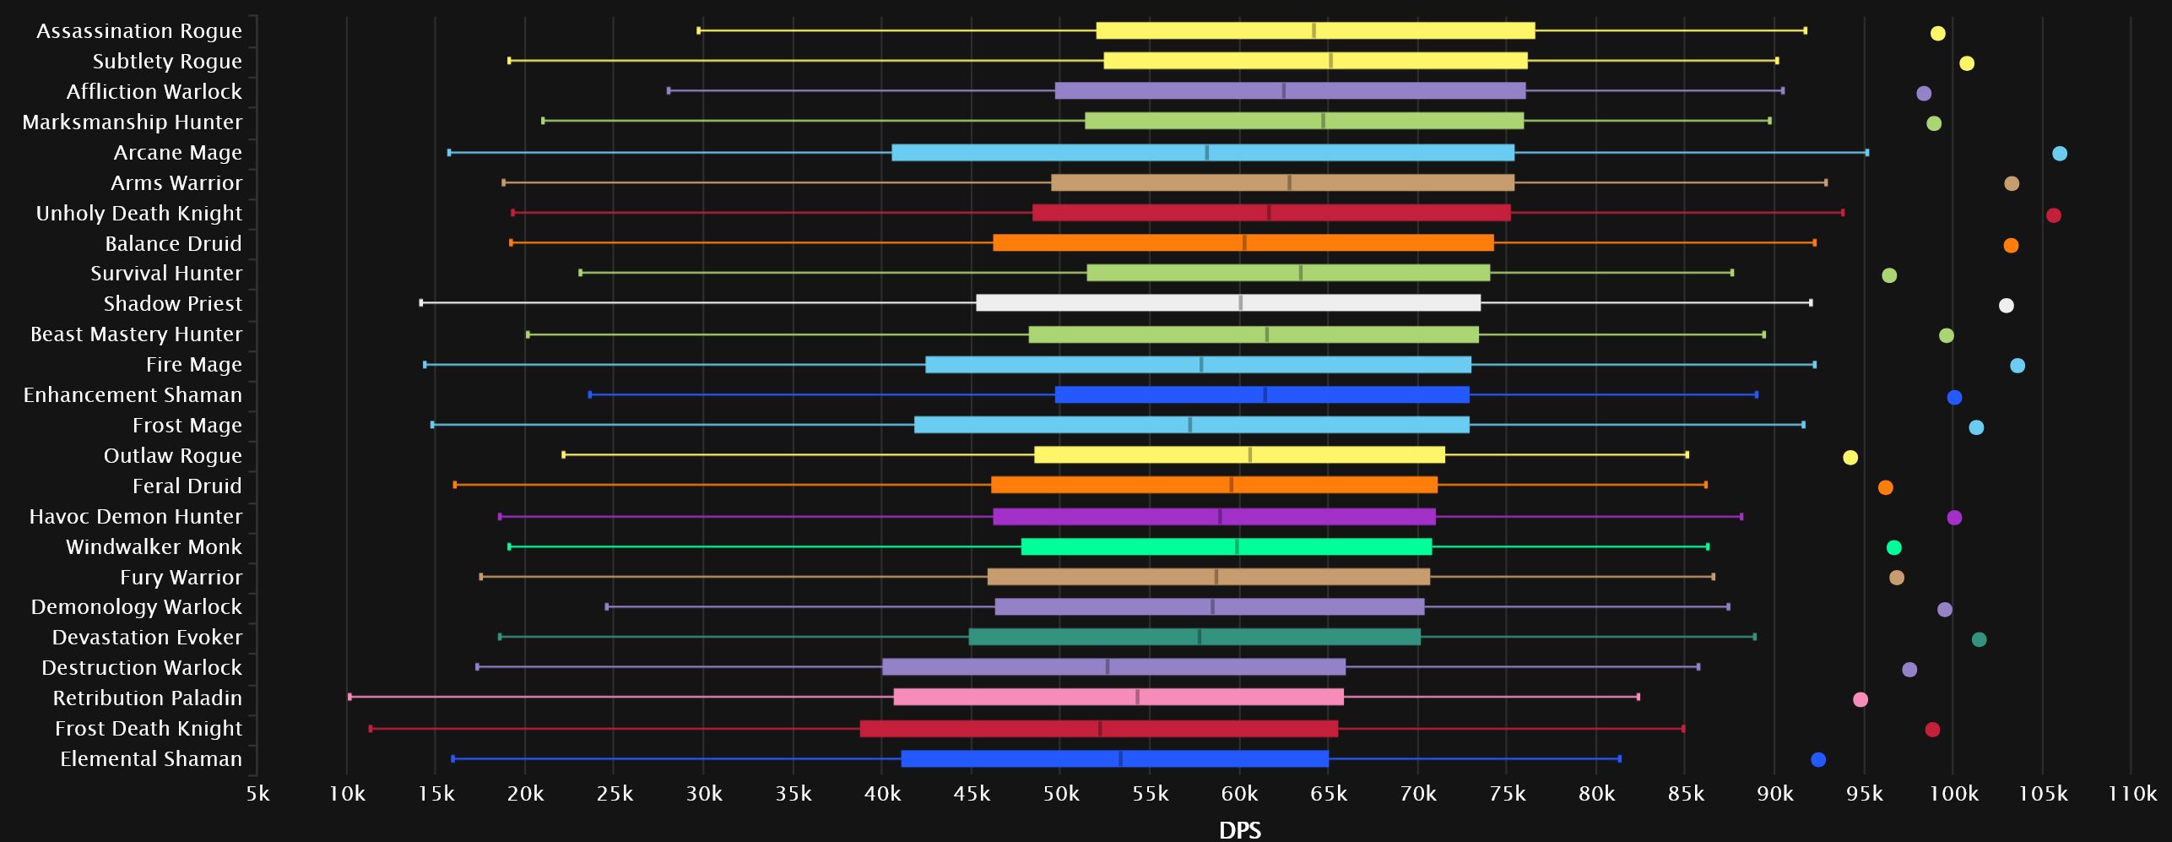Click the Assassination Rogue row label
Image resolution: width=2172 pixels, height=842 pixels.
point(139,31)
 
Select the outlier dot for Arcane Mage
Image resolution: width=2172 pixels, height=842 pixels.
point(2060,154)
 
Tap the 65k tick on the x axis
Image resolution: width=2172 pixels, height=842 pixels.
point(1329,794)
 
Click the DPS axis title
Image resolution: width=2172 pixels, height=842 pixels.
point(1240,830)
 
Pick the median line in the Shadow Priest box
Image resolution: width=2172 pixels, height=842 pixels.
point(1240,303)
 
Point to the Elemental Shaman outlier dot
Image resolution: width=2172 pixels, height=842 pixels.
point(1818,760)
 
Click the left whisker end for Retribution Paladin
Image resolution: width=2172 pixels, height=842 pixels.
point(349,697)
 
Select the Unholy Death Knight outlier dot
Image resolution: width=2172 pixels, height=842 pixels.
point(2054,215)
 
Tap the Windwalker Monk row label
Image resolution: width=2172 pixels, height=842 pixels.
point(154,547)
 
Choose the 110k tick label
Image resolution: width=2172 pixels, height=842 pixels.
point(2132,794)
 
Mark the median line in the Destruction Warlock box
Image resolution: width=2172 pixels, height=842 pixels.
point(1108,667)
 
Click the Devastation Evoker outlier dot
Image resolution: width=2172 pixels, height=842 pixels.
point(1979,639)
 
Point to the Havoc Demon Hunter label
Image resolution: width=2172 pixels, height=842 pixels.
point(136,517)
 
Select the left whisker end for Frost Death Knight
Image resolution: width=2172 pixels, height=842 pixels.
point(371,728)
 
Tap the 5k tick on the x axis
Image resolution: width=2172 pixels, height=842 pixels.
point(257,794)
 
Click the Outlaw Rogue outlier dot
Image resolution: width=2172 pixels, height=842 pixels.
point(1850,458)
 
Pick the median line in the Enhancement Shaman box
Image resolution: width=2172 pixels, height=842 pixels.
point(1265,394)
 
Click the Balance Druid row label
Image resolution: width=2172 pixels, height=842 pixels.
point(173,244)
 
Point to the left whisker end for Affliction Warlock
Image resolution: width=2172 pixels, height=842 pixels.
point(669,90)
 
